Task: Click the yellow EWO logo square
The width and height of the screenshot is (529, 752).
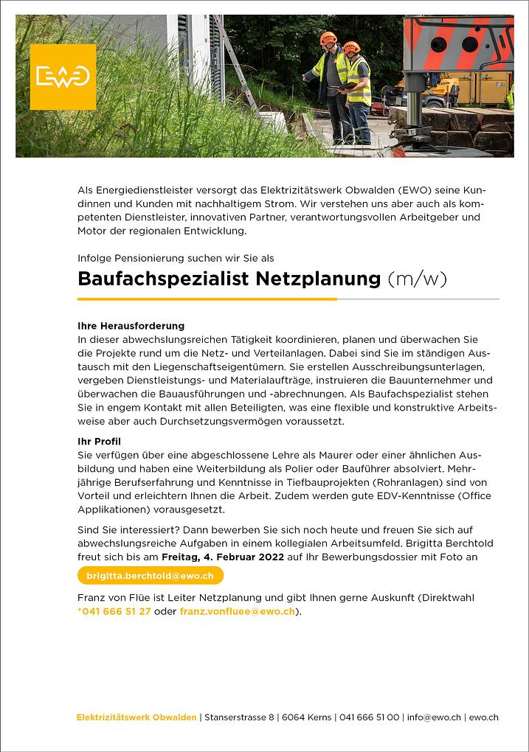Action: (x=63, y=77)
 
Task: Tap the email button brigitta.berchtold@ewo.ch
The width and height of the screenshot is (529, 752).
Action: (x=151, y=576)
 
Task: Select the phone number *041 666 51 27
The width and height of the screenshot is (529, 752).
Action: (x=114, y=612)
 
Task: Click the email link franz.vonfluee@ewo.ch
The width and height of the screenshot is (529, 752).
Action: (x=238, y=612)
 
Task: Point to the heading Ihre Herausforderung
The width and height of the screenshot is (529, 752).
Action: (x=131, y=325)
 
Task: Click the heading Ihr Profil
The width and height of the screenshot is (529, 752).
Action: (x=100, y=441)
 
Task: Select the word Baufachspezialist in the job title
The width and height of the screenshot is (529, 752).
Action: (x=164, y=279)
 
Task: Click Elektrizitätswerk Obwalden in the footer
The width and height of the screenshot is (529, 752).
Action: (x=136, y=717)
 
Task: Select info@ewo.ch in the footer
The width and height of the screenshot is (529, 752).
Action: (x=434, y=717)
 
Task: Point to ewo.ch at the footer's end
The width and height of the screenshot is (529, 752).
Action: (x=484, y=717)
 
